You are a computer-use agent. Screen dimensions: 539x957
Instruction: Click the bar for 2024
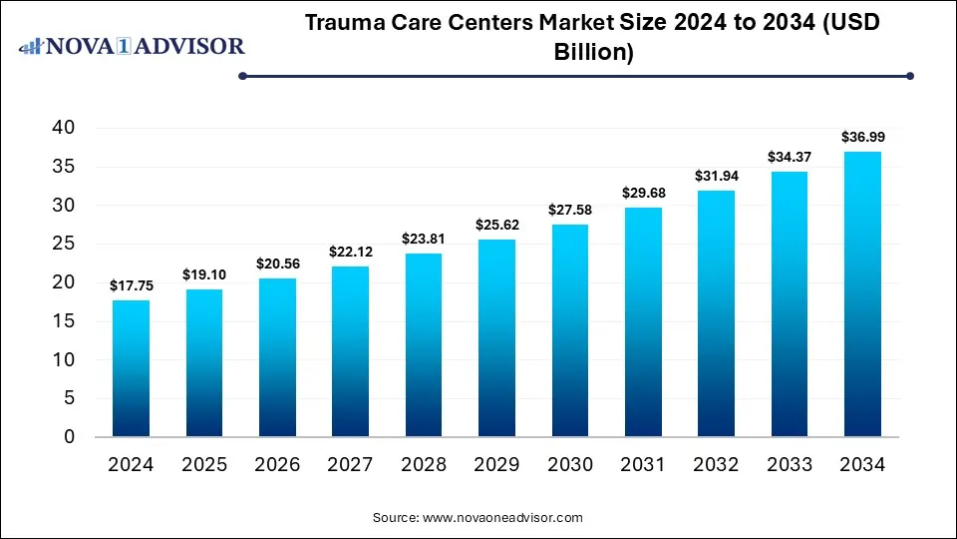(x=130, y=368)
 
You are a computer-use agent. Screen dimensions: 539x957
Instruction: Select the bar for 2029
(x=495, y=338)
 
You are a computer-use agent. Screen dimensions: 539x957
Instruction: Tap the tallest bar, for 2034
(x=862, y=294)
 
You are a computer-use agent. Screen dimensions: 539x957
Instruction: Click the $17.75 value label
(x=130, y=285)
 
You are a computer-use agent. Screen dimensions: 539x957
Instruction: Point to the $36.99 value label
(x=862, y=137)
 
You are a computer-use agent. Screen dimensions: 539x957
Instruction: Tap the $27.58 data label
(x=569, y=210)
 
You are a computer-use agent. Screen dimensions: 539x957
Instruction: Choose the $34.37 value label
(x=789, y=157)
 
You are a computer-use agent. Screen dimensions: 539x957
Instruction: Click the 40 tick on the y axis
(x=64, y=128)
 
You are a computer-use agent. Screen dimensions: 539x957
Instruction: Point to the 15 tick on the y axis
(x=64, y=321)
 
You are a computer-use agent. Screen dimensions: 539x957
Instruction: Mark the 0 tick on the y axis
(x=70, y=437)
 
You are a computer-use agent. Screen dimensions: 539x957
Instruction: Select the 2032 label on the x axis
(x=716, y=464)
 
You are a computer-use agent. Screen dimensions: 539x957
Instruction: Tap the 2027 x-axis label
(x=349, y=464)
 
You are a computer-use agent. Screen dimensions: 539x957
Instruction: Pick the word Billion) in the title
(x=594, y=53)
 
